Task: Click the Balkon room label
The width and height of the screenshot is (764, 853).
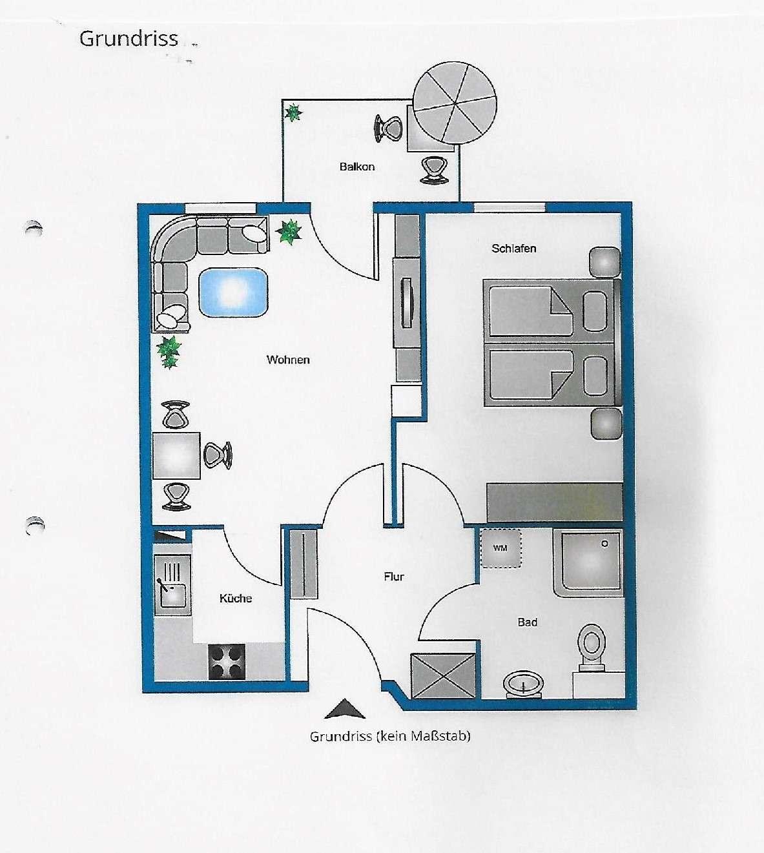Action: coord(356,167)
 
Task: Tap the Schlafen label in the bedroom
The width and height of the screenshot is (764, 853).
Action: coord(513,249)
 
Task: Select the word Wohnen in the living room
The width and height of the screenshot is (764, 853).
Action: coord(288,360)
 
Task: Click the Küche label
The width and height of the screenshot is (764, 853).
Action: coord(236,599)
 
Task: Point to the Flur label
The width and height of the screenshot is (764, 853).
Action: coord(394,577)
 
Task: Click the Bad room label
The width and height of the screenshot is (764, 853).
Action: coord(527,622)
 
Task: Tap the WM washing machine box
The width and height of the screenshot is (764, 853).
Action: coord(501,548)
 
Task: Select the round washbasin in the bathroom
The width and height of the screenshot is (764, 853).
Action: coord(522,684)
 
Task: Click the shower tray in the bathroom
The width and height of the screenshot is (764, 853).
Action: coord(588,562)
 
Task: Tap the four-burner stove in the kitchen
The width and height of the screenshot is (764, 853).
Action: coord(227,662)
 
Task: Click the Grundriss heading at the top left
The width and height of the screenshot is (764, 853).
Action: coord(129,39)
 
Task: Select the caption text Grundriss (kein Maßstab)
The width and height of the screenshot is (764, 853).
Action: coord(390,736)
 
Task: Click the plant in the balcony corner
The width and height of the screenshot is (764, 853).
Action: coord(293,113)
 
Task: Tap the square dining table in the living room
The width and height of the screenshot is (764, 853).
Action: coord(176,456)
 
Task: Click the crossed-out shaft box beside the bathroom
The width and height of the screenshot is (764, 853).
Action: coord(443,676)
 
